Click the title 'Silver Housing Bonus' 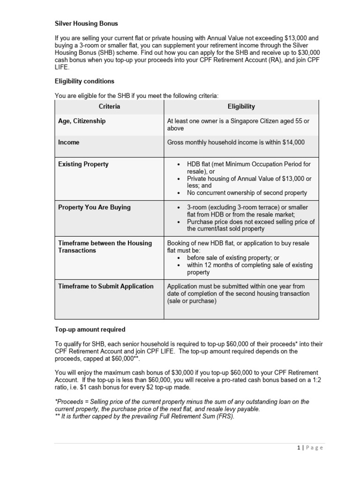86,23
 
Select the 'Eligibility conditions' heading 84,81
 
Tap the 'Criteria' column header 109,106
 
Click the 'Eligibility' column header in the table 241,106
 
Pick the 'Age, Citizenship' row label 82,121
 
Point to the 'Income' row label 69,142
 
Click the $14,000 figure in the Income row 293,142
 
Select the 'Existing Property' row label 83,164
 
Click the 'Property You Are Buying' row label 94,207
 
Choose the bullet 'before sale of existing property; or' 233,258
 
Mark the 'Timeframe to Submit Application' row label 105,286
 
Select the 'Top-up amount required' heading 90,330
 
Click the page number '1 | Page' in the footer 310,448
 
